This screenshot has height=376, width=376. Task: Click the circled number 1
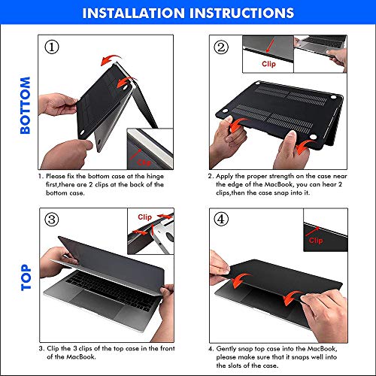52,47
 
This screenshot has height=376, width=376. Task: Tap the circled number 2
221,47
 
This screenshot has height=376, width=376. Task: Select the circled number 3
52,220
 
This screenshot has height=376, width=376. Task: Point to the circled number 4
221,220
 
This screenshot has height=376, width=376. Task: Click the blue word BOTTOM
25,105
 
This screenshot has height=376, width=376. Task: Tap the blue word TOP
26,277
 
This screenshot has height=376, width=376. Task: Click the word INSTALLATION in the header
133,13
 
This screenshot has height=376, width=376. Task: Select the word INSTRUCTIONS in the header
241,13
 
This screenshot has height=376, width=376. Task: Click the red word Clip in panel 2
268,64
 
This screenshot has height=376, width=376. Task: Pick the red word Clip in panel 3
144,217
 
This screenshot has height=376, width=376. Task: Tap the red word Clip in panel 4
316,241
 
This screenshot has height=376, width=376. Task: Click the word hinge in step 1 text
155,176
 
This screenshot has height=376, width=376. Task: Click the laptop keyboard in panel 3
111,290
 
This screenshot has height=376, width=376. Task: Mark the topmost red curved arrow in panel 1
110,59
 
